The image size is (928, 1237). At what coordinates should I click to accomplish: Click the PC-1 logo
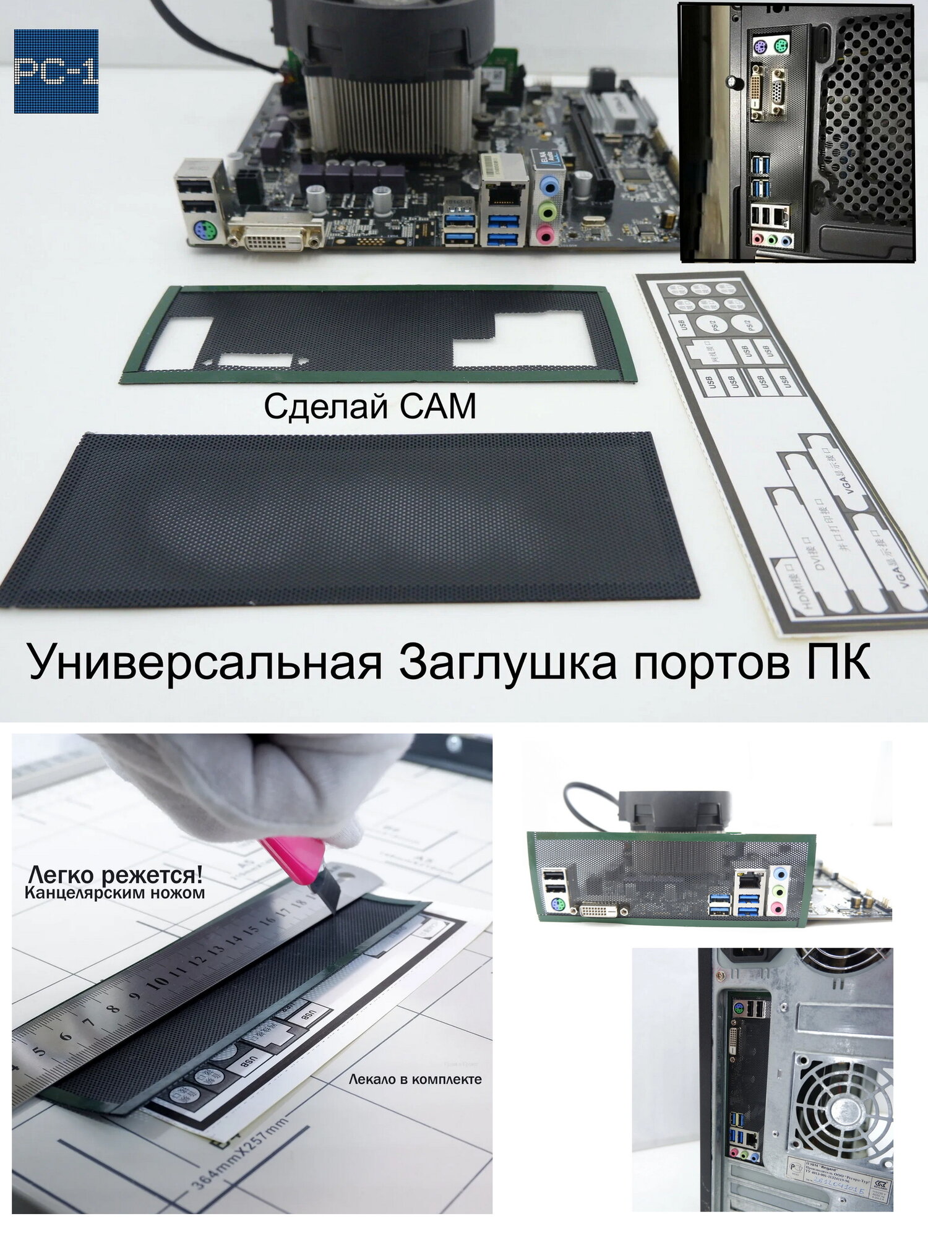coord(56,71)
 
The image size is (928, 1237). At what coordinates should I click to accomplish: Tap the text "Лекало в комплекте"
coord(415,1080)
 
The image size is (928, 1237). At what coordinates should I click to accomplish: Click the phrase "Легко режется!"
coord(116,875)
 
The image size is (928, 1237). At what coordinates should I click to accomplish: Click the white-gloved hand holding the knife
coord(247,785)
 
